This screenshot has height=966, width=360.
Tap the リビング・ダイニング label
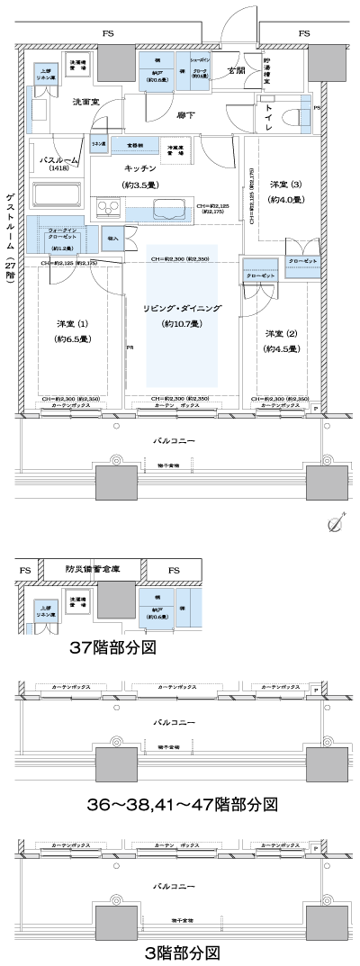click(x=183, y=309)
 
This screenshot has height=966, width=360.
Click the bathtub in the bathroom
click(x=57, y=195)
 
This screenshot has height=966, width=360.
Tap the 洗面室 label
click(x=86, y=103)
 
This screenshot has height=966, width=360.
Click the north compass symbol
click(x=338, y=523)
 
